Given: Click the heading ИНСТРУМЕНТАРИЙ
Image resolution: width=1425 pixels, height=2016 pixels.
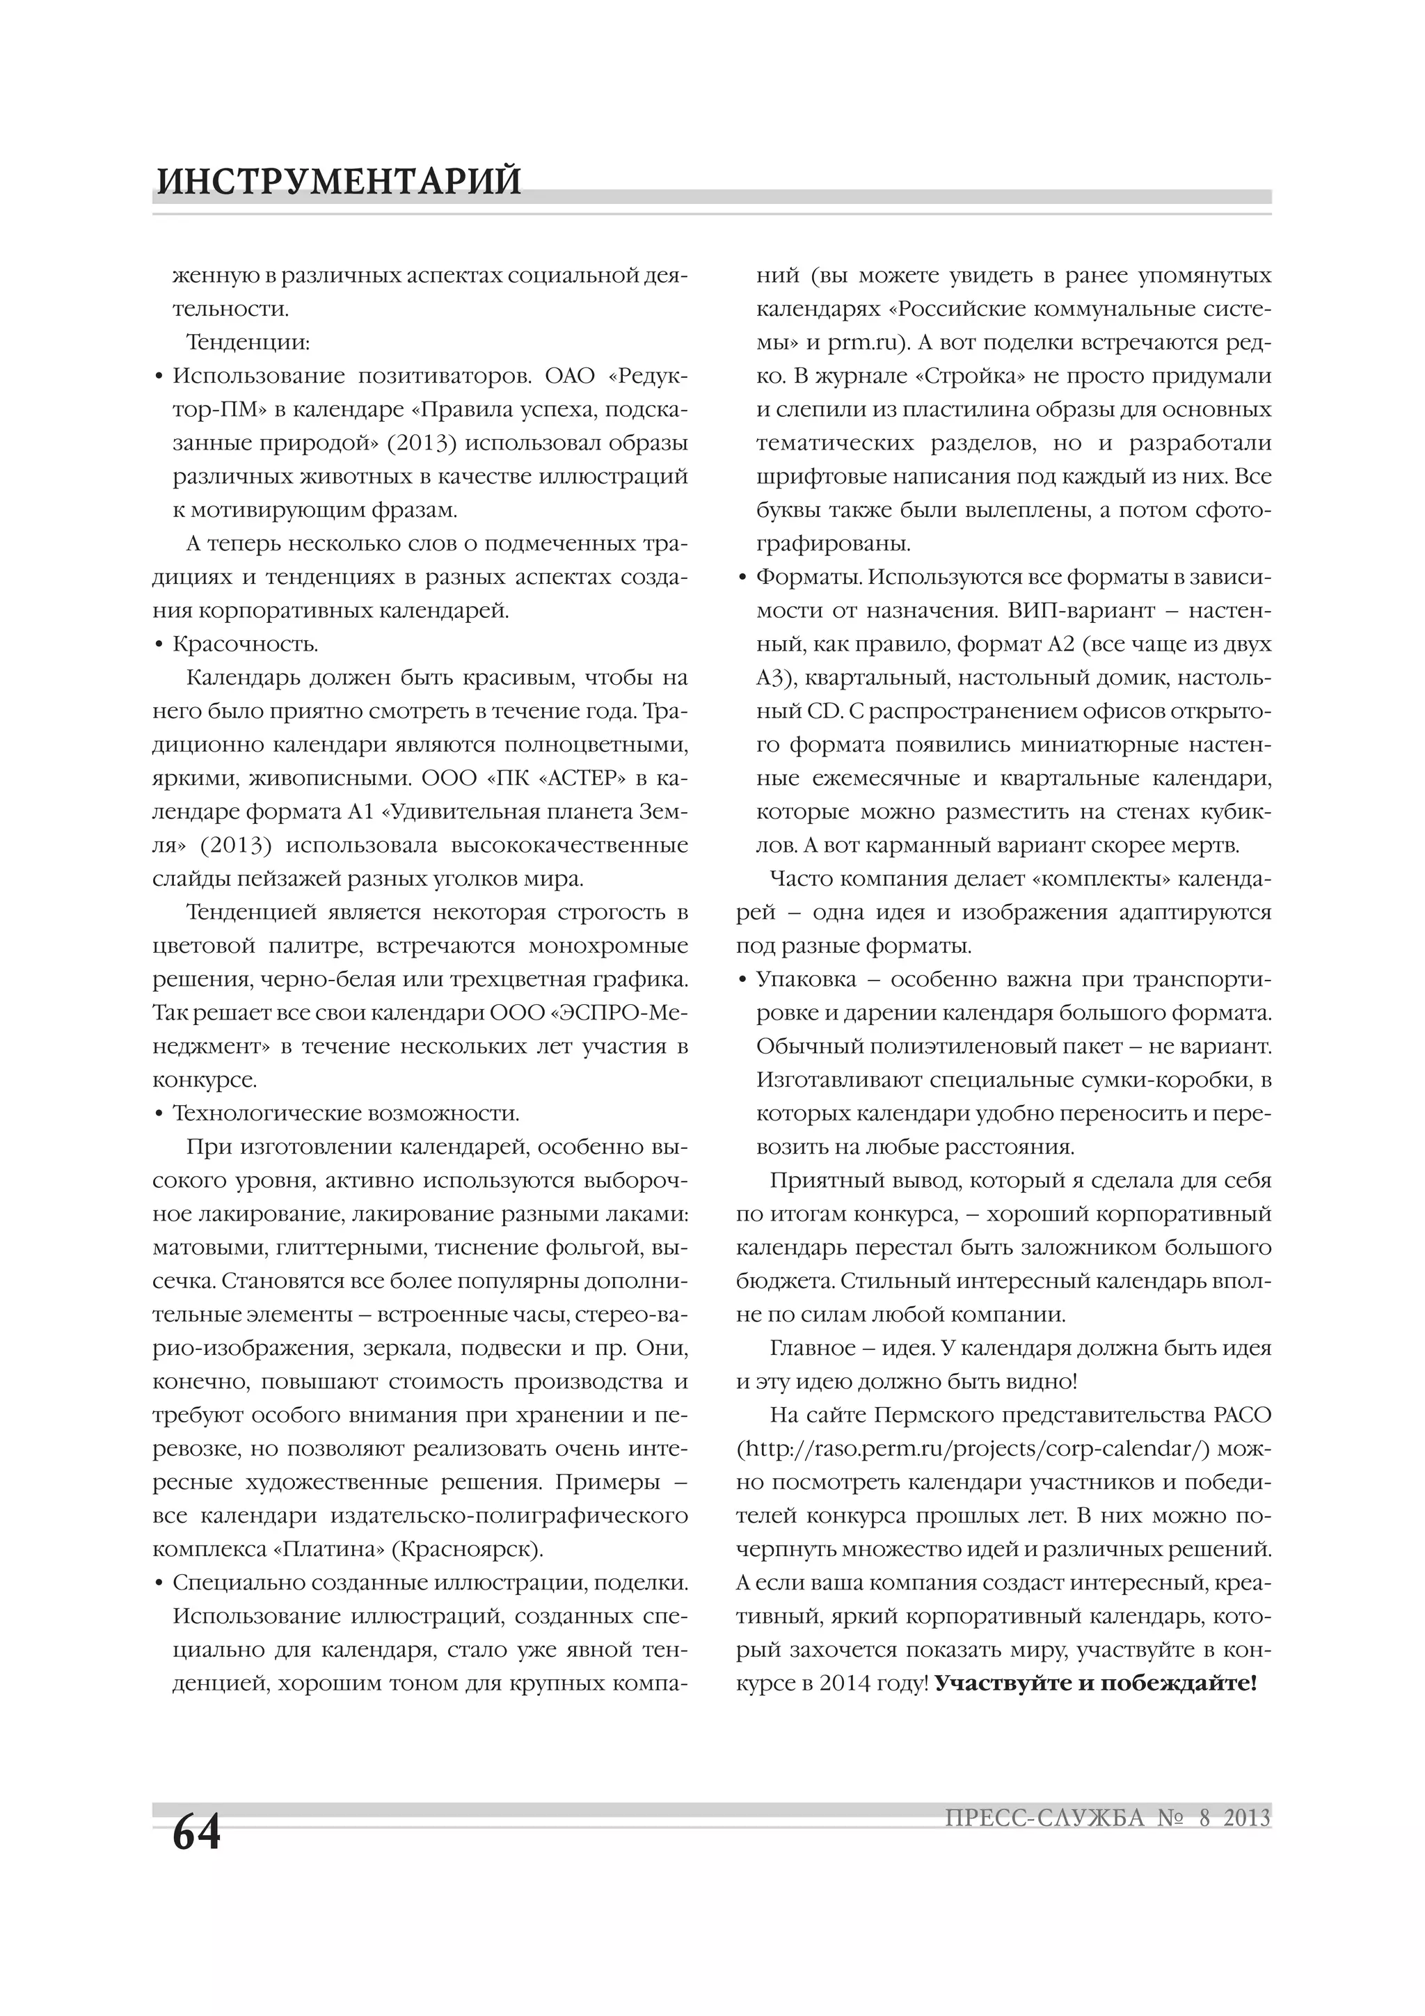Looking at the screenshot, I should click(x=339, y=182).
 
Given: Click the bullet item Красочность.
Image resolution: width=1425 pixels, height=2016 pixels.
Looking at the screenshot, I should click(x=245, y=644).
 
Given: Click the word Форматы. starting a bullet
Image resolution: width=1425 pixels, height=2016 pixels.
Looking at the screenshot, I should click(x=809, y=577).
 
